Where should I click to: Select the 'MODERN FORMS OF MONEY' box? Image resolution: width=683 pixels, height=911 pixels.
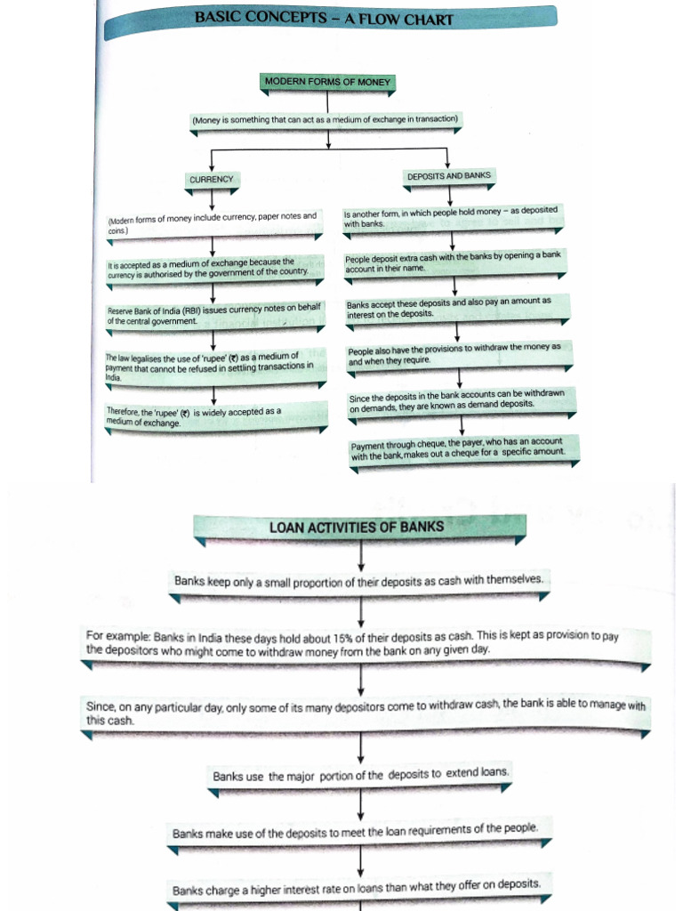(x=327, y=82)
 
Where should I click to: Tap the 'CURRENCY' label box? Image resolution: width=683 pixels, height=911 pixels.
(x=211, y=179)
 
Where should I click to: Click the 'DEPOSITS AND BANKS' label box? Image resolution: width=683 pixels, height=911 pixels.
(x=448, y=176)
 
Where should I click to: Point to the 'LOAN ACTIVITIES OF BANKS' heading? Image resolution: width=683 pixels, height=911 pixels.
(x=356, y=528)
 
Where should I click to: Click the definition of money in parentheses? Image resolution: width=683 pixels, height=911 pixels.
(x=325, y=119)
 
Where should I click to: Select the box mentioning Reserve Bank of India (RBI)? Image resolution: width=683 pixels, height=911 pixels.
(x=213, y=314)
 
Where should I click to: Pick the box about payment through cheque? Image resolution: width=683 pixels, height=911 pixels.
(x=463, y=450)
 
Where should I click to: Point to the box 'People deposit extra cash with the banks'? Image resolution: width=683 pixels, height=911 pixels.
(x=453, y=262)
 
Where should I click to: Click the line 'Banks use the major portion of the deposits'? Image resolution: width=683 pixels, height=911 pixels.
(x=361, y=775)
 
